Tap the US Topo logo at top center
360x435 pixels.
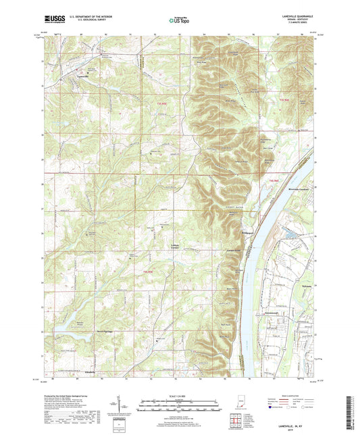178,20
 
